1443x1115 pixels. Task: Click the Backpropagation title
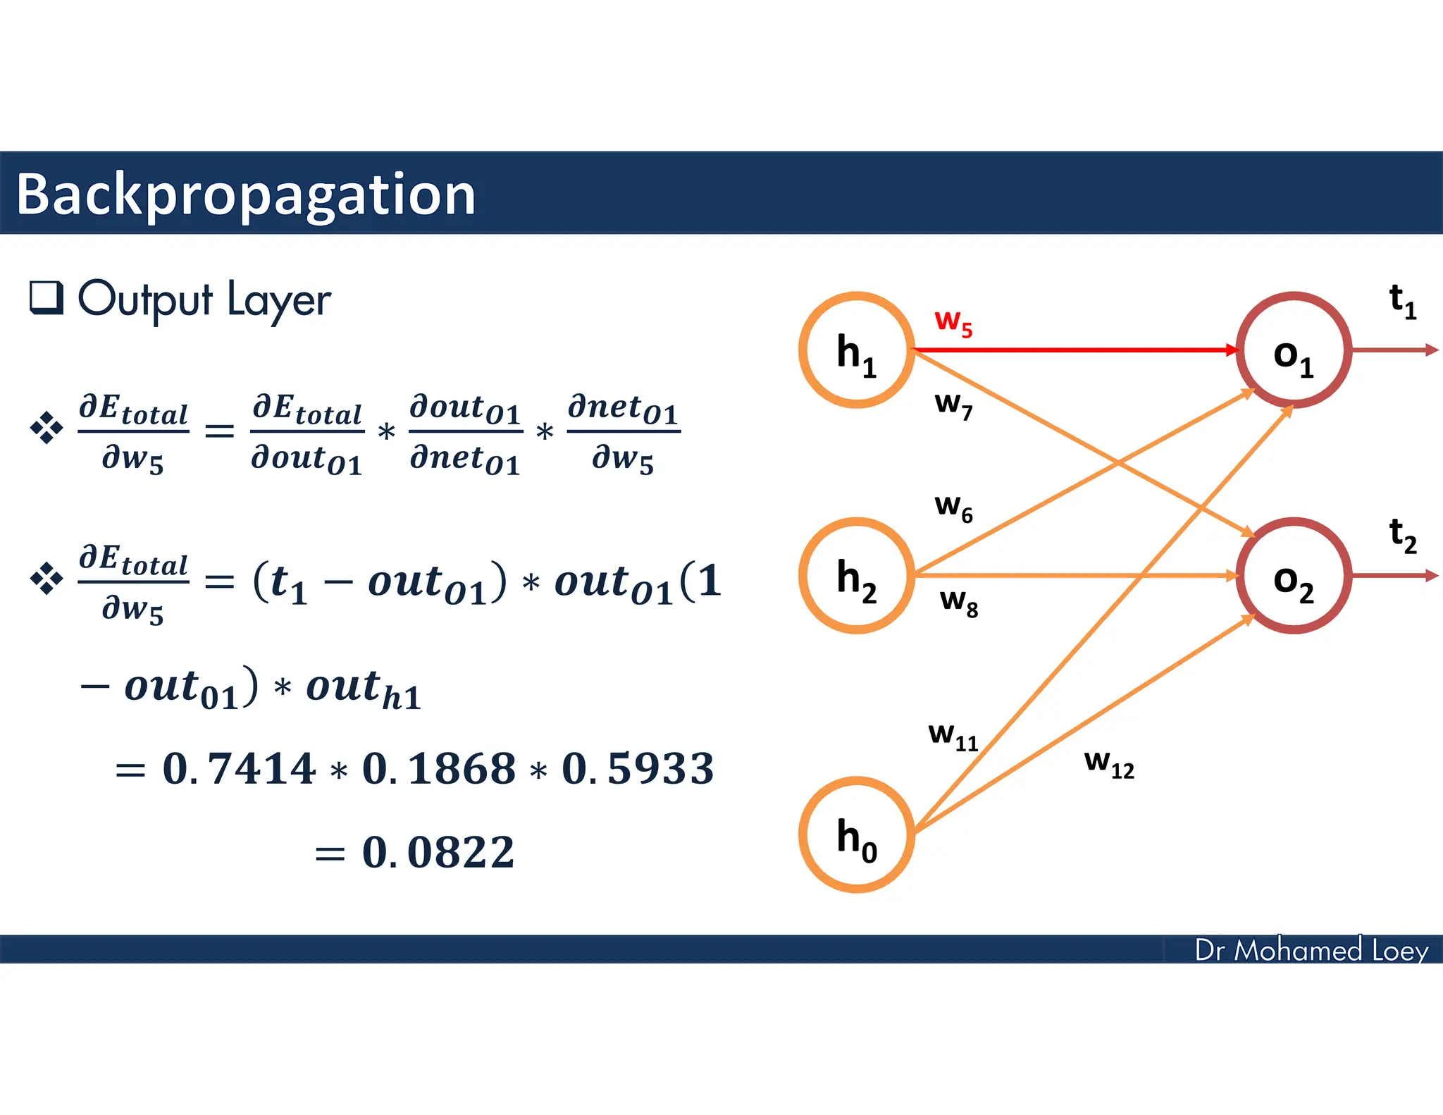point(246,195)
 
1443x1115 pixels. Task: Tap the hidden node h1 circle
point(856,350)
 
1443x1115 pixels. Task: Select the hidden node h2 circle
point(856,576)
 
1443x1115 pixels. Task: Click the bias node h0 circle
point(856,835)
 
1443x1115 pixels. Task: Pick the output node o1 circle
point(1294,350)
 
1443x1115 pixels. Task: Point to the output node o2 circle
point(1294,576)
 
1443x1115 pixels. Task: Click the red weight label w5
point(953,322)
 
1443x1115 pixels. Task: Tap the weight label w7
point(953,405)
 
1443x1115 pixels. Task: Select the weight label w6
point(953,507)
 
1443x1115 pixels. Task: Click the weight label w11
point(953,736)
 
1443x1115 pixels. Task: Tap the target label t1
point(1402,301)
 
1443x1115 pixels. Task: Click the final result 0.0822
point(438,852)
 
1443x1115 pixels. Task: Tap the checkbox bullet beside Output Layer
point(47,297)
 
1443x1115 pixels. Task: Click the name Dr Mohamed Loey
point(1311,950)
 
